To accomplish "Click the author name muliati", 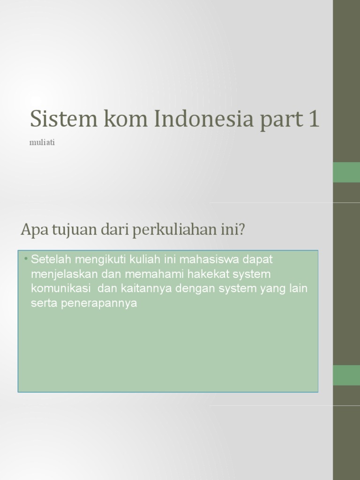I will (42, 142).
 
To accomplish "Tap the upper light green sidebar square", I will (346, 172).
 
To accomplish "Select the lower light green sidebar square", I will (346, 375).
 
